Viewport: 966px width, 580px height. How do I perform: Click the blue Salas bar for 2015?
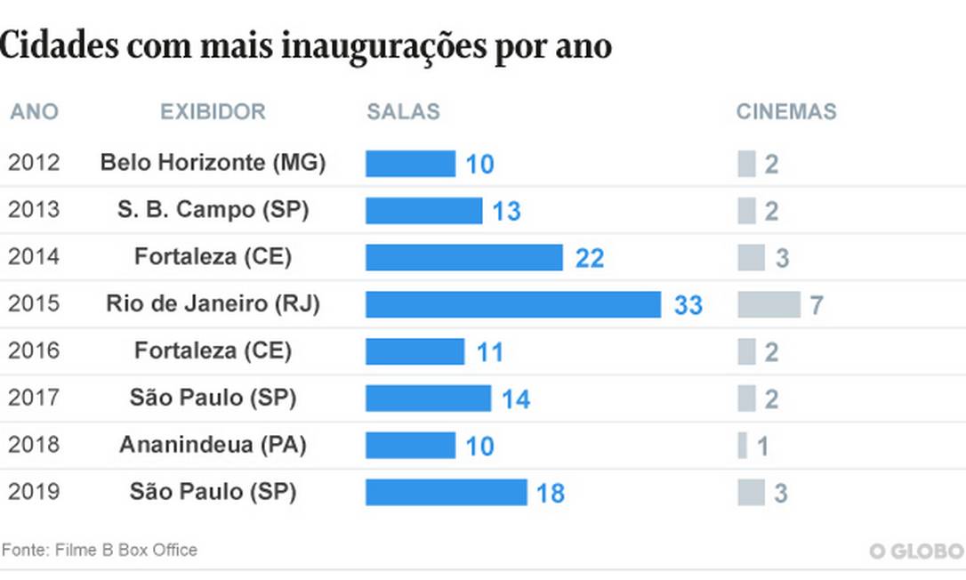[513, 304]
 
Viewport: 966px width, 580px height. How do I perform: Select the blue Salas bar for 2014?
[464, 257]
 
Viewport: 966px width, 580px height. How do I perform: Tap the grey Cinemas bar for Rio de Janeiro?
[769, 304]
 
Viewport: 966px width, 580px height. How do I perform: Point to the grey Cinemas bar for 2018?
[742, 445]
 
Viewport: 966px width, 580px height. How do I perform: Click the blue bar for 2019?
[446, 492]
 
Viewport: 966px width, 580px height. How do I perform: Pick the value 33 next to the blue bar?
[688, 305]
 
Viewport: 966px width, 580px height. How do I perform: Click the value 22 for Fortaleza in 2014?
[590, 258]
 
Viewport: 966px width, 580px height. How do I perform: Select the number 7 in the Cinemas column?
[816, 305]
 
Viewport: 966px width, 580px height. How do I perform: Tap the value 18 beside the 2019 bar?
[550, 493]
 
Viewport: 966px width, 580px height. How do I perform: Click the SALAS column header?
[403, 112]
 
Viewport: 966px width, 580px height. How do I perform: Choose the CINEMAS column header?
[786, 112]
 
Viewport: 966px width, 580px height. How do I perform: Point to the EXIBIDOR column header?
[213, 112]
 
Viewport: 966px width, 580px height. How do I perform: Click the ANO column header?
[34, 112]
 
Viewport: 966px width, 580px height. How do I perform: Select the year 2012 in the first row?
[34, 163]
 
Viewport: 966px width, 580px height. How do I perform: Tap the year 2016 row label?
[34, 350]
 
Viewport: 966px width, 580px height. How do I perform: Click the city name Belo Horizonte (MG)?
[213, 163]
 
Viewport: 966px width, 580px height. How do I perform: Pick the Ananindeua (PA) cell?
[213, 445]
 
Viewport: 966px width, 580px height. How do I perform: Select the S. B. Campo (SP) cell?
[213, 210]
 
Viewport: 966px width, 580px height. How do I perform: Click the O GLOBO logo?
[917, 552]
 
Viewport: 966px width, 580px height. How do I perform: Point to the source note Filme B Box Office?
[100, 550]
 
